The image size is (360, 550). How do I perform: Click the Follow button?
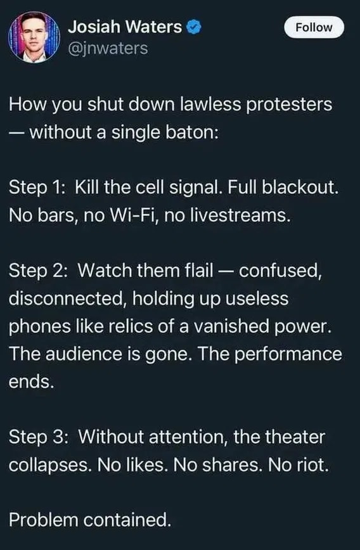tap(314, 27)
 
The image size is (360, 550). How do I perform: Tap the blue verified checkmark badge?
tap(196, 27)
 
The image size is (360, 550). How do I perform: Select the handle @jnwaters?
tap(107, 48)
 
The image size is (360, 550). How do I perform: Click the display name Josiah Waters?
tap(124, 27)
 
